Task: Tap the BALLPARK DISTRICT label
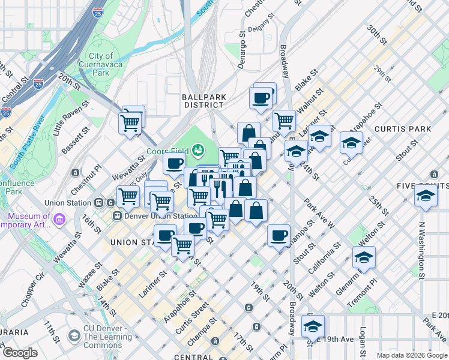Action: (x=203, y=100)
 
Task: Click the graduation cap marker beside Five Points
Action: (x=426, y=196)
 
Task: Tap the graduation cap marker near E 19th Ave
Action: (x=313, y=327)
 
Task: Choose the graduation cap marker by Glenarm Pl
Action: (x=364, y=257)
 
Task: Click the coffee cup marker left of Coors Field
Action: (x=174, y=163)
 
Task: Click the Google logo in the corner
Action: (x=20, y=353)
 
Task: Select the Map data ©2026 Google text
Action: (x=412, y=355)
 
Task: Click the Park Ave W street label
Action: (x=319, y=215)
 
